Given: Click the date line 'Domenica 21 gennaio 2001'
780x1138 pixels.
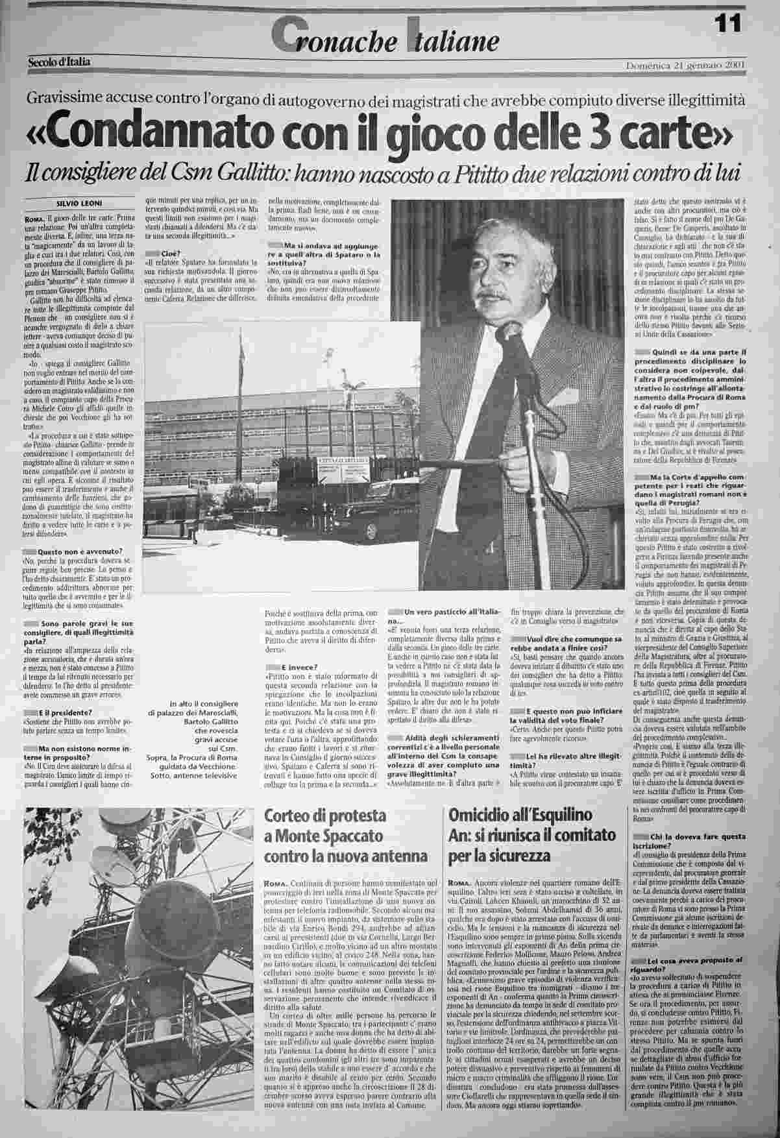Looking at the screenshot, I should pos(685,66).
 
